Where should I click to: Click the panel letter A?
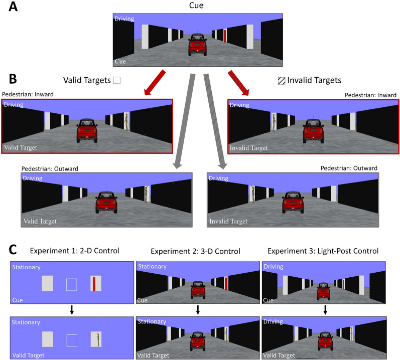13,7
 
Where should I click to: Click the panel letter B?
13,79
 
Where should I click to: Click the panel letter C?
13,250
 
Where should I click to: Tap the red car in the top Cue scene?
197,45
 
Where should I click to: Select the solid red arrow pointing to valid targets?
155,83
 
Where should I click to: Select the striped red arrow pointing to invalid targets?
238,83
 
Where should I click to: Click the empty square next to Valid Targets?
117,80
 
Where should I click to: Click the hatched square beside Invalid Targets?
282,81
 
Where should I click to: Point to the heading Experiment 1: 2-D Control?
74,251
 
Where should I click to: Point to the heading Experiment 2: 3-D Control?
195,251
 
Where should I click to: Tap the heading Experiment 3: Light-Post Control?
323,251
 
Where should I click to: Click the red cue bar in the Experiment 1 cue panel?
94,284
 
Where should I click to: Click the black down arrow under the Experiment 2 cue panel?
198,310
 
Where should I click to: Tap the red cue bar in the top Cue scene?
225,36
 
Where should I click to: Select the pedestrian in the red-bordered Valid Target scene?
126,122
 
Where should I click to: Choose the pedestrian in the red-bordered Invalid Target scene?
274,122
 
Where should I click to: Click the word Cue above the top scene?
196,6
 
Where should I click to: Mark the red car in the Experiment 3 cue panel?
324,291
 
